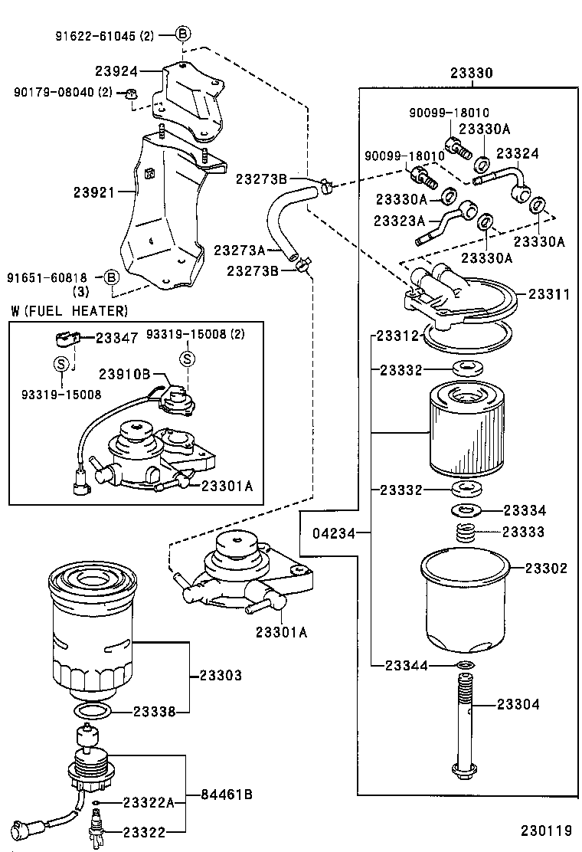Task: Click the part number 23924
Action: click(x=116, y=71)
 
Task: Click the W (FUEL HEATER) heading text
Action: click(x=70, y=310)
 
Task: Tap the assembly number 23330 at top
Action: click(x=471, y=73)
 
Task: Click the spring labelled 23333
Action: click(x=467, y=532)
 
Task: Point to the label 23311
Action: click(x=548, y=293)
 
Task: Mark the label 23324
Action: click(x=518, y=154)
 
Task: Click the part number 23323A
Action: click(x=399, y=221)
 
